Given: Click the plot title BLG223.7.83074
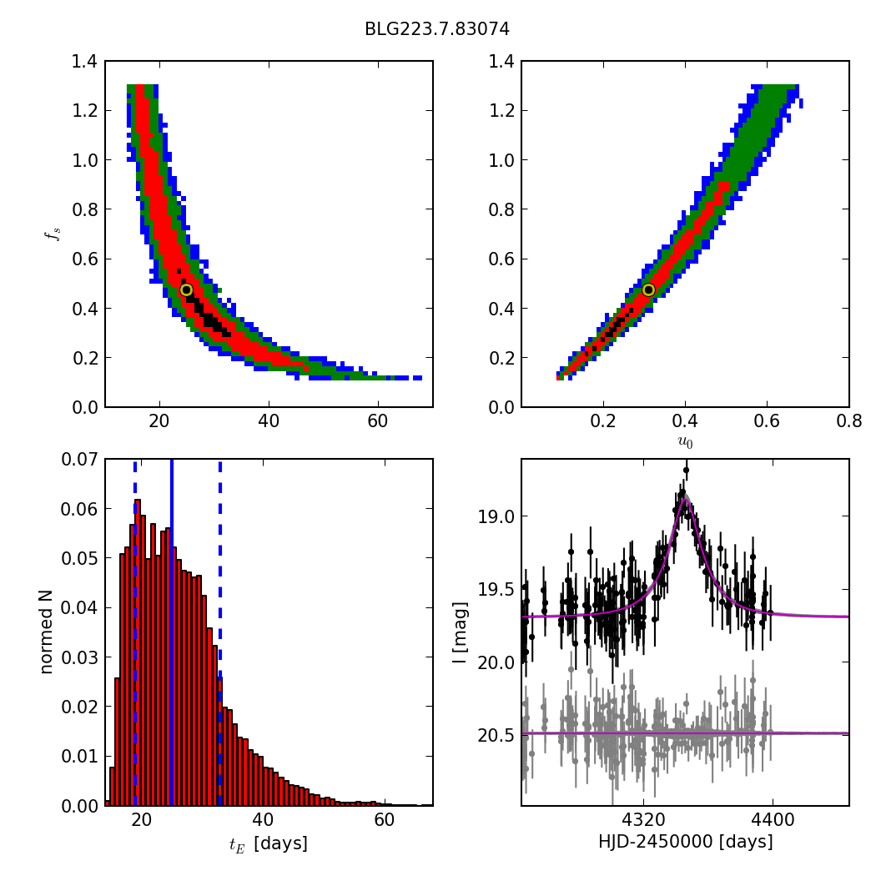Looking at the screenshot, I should pos(437,29).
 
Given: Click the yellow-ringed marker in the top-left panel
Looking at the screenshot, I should pos(186,290).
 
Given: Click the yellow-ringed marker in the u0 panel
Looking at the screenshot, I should pos(648,289).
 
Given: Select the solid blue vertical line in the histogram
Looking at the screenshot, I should pos(171,632).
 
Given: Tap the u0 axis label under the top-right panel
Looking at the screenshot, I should pos(685,442).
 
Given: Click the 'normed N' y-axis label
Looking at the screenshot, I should pos(47,632).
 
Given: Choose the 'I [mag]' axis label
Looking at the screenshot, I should pos(461,632).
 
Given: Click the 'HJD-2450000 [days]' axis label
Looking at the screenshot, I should pos(685,842).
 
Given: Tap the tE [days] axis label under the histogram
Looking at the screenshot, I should pos(268,843).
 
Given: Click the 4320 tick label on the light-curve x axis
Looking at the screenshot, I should pos(643,818).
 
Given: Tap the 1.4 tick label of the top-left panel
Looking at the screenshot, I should pos(83,62).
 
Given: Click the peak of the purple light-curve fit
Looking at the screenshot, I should pos(685,498).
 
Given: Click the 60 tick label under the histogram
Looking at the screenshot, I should pos(384,818).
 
